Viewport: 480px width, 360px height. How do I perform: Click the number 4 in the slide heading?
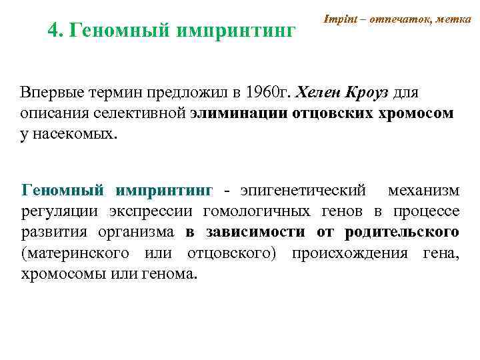point(54,29)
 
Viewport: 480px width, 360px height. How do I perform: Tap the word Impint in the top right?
point(339,20)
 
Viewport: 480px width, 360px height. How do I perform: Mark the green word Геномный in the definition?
point(63,191)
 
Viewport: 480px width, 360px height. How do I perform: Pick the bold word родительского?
point(402,233)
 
